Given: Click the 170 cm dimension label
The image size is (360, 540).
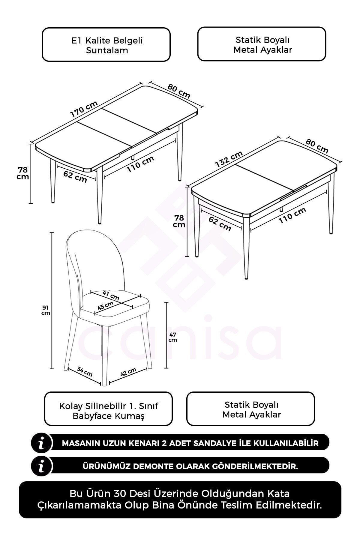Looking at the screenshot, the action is click(x=84, y=109).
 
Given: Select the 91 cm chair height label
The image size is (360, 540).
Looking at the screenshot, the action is click(x=46, y=310).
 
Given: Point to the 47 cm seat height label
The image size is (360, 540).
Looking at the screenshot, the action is click(x=172, y=337).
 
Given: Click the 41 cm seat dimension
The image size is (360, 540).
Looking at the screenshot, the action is click(x=111, y=296).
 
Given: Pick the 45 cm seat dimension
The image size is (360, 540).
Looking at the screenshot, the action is click(x=105, y=306).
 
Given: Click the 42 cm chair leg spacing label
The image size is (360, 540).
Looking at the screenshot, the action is click(x=128, y=372).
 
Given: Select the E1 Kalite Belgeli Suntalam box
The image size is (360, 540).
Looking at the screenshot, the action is click(x=106, y=45).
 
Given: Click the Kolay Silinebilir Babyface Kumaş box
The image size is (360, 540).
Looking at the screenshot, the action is click(x=109, y=409).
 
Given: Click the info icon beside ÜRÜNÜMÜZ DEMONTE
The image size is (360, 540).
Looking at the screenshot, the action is click(x=42, y=466).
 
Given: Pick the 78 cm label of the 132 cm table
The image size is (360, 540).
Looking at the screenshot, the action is click(x=179, y=221).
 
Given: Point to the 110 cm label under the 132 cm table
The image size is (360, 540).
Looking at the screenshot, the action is click(x=292, y=215).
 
